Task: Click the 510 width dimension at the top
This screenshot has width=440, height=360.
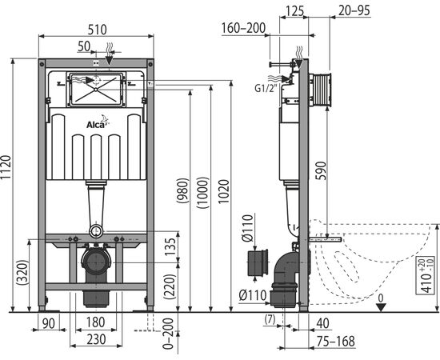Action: pos(98,30)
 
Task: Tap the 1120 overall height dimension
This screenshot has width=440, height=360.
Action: pos(6,167)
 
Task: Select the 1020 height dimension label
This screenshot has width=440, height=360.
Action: pos(224,192)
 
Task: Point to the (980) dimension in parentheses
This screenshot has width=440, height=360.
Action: pos(182,190)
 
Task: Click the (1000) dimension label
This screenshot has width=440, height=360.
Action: pos(203,193)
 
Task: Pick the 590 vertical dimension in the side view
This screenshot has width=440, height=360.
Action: pos(321,170)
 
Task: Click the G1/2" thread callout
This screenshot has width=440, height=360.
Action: pos(266,88)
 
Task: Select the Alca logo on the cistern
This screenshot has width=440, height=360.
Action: pos(98,122)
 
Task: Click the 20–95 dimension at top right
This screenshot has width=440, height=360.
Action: pos(354,10)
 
